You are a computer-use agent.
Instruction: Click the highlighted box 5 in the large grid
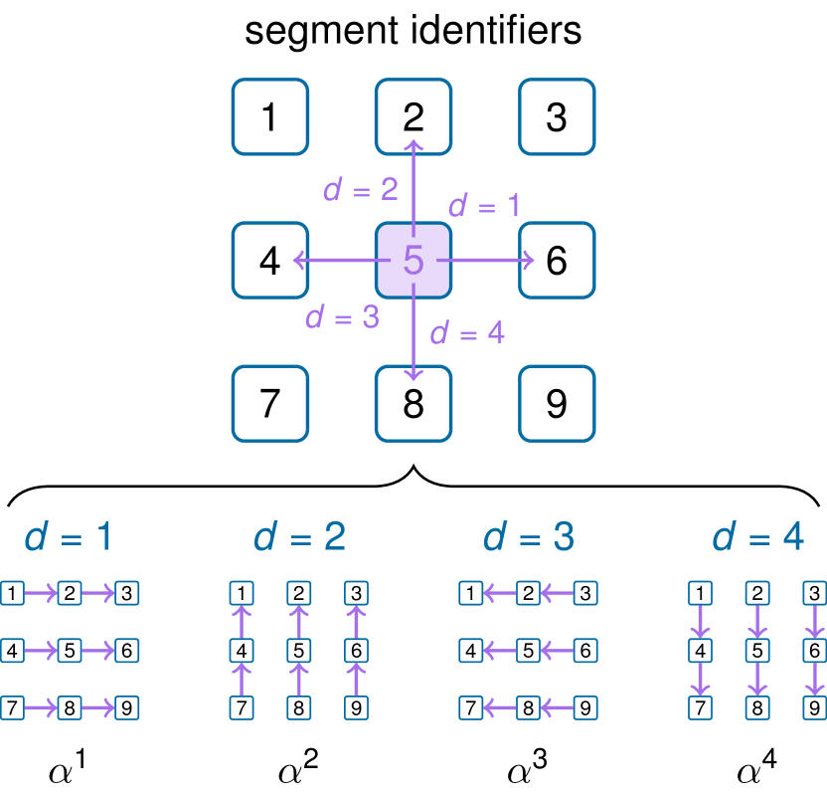point(413,261)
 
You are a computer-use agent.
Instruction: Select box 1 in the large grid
point(269,117)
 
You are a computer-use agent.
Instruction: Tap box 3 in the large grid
point(557,117)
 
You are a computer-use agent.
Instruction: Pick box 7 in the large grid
point(269,404)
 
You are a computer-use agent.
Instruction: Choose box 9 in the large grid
point(557,404)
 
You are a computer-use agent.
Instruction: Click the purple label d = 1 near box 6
point(484,206)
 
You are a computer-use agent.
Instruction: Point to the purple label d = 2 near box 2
point(360,189)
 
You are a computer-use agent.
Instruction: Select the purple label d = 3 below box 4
point(342,317)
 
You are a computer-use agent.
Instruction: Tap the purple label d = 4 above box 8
point(467,333)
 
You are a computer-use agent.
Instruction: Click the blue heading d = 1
point(68,537)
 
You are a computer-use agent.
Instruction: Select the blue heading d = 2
point(299,537)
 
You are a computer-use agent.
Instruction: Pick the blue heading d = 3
point(529,537)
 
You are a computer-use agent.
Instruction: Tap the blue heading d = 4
point(757,537)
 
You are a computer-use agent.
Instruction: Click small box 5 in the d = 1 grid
point(70,651)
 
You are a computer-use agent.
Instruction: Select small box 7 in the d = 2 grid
point(242,708)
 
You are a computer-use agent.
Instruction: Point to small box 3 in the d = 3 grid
point(585,594)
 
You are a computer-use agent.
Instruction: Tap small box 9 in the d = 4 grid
point(815,708)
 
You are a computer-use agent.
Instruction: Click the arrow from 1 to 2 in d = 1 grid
point(41,594)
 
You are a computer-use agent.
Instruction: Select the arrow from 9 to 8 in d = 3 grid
point(557,708)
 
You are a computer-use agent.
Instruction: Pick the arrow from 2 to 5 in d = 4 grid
point(757,622)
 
